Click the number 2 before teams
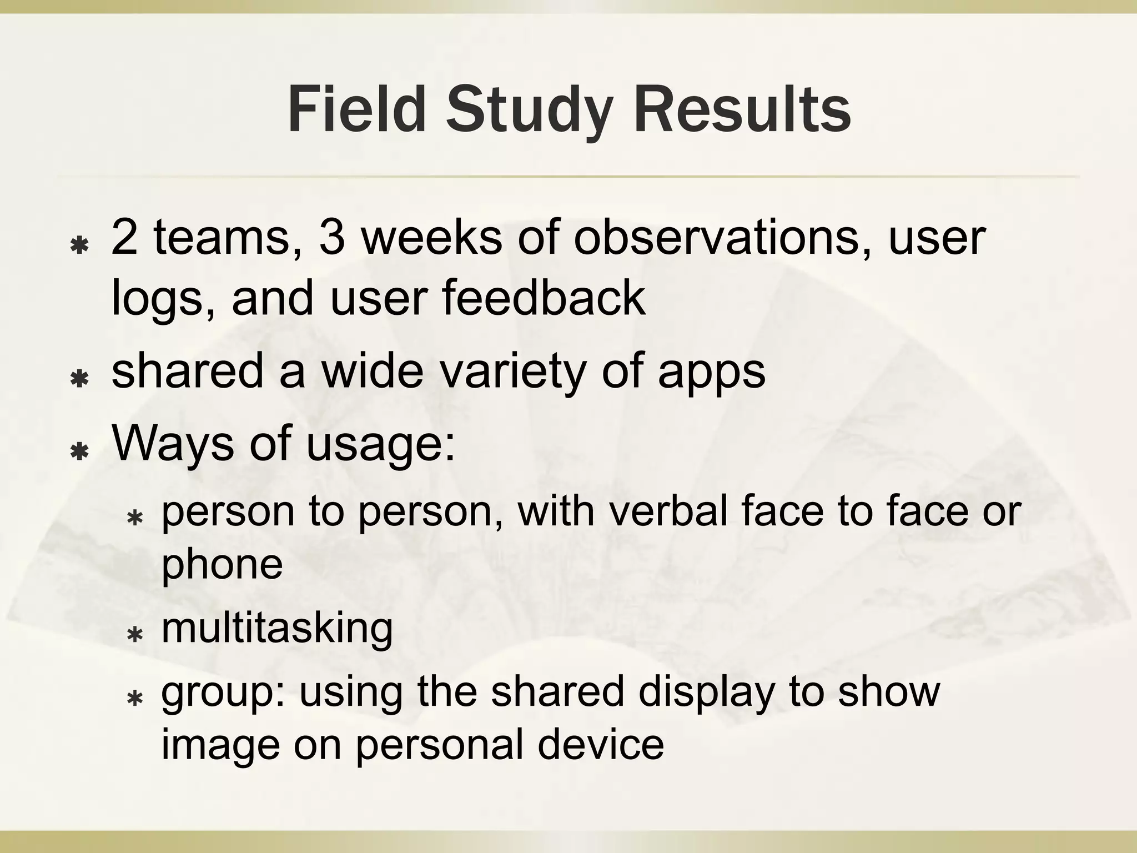(124, 237)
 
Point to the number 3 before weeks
(331, 237)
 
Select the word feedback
(544, 298)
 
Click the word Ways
(173, 444)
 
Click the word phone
(222, 564)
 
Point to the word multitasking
(277, 629)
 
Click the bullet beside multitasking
(135, 634)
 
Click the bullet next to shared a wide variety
(81, 379)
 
